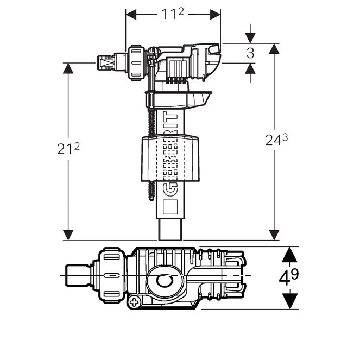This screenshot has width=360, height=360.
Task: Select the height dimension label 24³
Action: [x=276, y=141]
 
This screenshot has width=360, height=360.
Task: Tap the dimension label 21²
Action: [x=68, y=149]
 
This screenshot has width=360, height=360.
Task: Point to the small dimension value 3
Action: [x=250, y=53]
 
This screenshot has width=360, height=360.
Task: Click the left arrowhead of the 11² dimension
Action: [x=130, y=14]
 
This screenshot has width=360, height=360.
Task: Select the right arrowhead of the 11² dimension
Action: [x=216, y=14]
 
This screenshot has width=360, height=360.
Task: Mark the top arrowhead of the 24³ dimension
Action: [x=274, y=48]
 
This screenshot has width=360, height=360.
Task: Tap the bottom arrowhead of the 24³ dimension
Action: [x=274, y=235]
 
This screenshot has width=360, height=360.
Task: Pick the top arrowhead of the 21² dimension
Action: [x=68, y=68]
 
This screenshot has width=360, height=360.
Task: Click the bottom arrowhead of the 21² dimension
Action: [x=68, y=235]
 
